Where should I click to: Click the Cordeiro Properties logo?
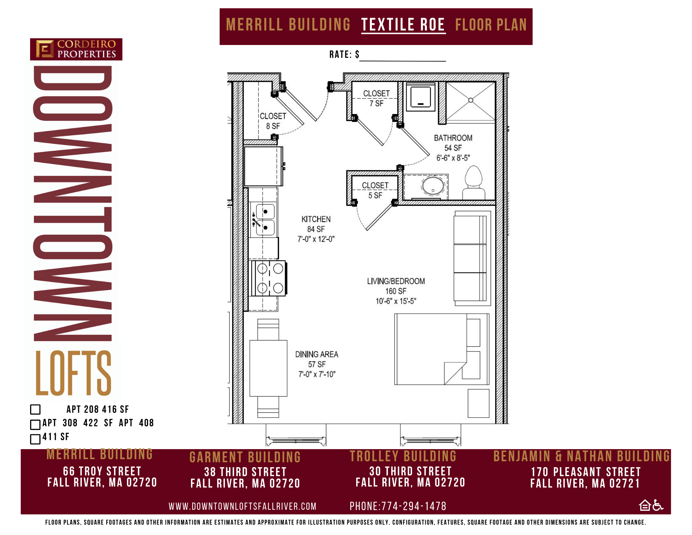tap(76, 49)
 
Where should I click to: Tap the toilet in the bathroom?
tap(473, 182)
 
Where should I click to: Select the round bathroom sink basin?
tap(433, 186)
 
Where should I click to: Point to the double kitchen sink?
tap(264, 220)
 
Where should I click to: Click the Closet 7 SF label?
tap(376, 98)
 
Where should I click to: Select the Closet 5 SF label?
tap(375, 190)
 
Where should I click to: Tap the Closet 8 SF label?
tap(273, 121)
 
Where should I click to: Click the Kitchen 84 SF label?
tap(316, 229)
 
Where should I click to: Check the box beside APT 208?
tap(35, 409)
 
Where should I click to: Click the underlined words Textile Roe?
tap(403, 25)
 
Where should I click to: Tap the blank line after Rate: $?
tap(403, 61)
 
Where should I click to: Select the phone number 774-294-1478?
tap(413, 506)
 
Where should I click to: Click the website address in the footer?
tap(243, 506)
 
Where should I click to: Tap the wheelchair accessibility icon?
tap(658, 505)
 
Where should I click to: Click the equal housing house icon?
tap(645, 505)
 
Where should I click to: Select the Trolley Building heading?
tap(403, 456)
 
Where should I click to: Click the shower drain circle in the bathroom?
tap(471, 100)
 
